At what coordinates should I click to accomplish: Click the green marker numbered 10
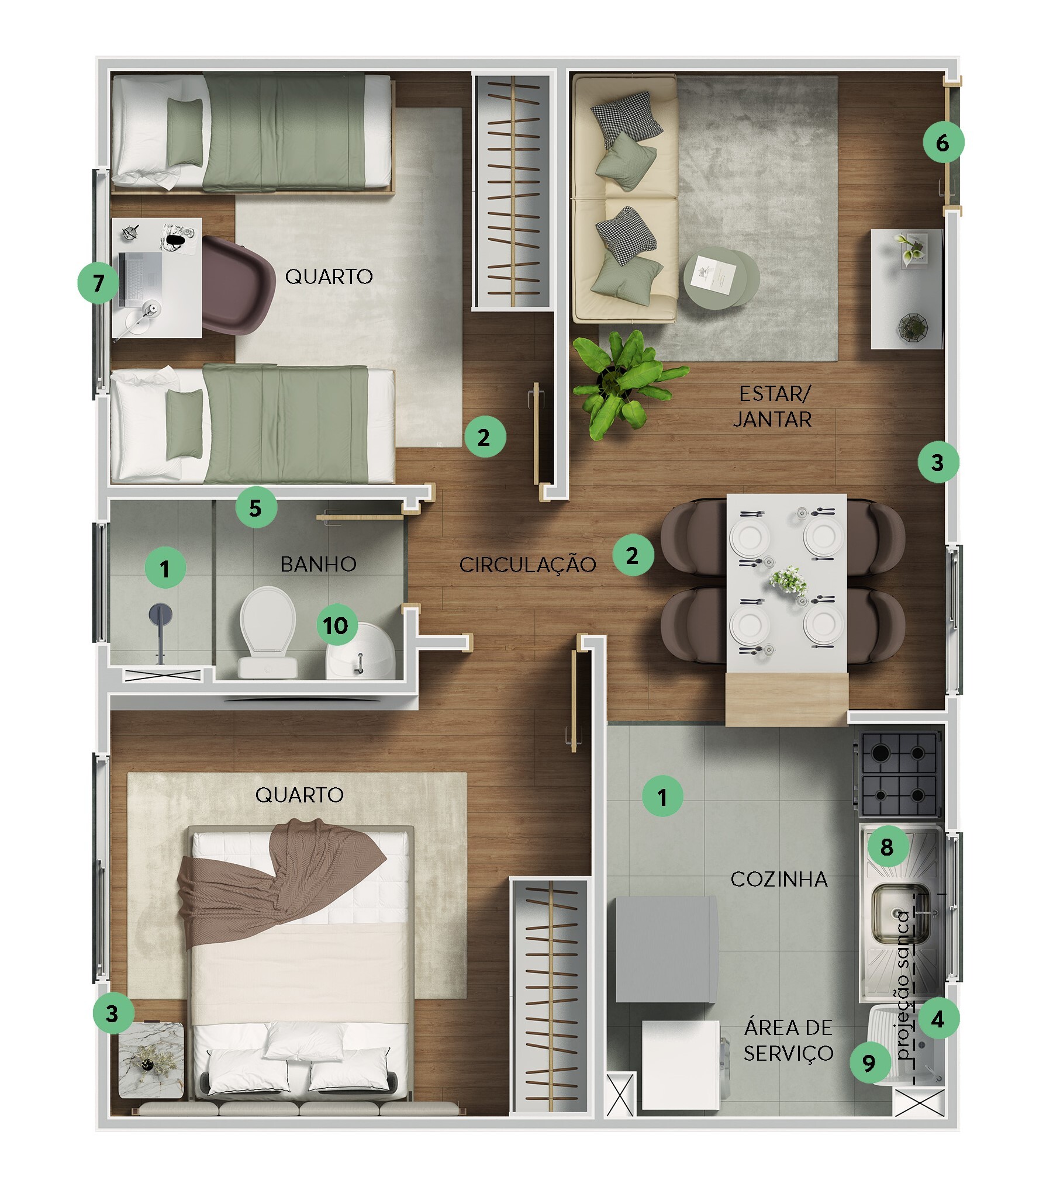(x=337, y=625)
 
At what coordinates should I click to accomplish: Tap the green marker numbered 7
(x=99, y=283)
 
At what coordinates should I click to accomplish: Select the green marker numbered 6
(x=943, y=141)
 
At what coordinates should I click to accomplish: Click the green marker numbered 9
(x=869, y=1062)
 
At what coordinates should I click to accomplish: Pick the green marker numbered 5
(x=255, y=508)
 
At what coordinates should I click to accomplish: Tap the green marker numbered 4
(x=938, y=1019)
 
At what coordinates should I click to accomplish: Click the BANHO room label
(x=318, y=564)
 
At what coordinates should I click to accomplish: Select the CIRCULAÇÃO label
(x=527, y=565)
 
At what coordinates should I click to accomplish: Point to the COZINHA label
(x=779, y=879)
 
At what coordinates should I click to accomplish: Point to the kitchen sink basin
(x=900, y=915)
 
